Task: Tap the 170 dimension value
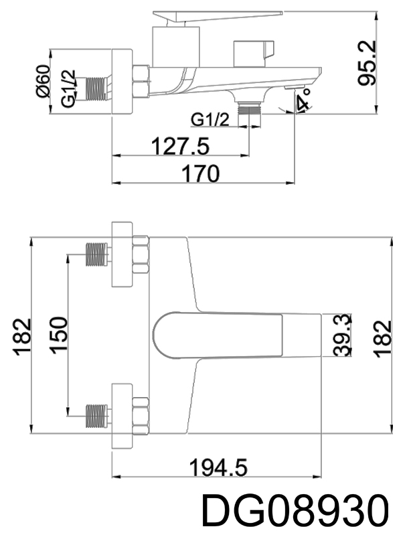tap(201, 173)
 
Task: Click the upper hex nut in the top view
tap(140, 255)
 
